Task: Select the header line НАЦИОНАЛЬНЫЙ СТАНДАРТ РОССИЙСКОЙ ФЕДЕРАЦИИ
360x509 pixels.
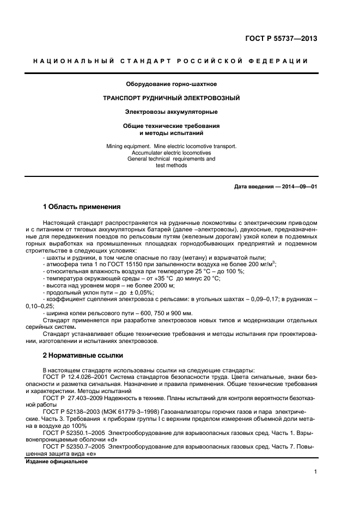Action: point(171,61)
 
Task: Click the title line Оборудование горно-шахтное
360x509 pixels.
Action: point(172,84)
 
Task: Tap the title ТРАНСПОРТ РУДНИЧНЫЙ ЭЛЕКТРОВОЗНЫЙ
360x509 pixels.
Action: point(172,98)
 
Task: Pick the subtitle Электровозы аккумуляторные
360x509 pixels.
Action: point(172,112)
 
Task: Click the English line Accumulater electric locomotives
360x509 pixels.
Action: point(172,153)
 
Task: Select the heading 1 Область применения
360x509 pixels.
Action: point(81,207)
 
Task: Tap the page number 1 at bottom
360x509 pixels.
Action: point(315,473)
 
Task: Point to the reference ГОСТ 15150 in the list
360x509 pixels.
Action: point(117,264)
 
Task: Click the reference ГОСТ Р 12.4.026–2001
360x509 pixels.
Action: point(76,377)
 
